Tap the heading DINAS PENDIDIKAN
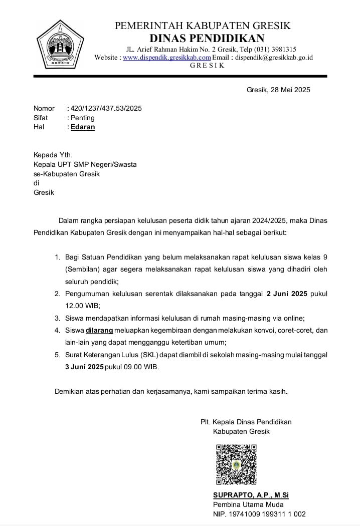pyautogui.click(x=207, y=38)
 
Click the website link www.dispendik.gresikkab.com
pyautogui.click(x=167, y=58)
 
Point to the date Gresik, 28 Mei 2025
pyautogui.click(x=278, y=90)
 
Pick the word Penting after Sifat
pyautogui.click(x=83, y=118)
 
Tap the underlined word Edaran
pyautogui.click(x=83, y=127)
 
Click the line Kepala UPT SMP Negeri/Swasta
pyautogui.click(x=85, y=164)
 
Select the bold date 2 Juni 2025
pyautogui.click(x=287, y=294)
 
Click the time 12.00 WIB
pyautogui.click(x=82, y=306)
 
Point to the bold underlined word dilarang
pyautogui.click(x=100, y=330)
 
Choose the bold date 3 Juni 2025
pyautogui.click(x=84, y=367)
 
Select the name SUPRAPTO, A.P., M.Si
pyautogui.click(x=251, y=495)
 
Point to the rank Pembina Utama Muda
pyautogui.click(x=248, y=504)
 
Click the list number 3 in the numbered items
pyautogui.click(x=57, y=318)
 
